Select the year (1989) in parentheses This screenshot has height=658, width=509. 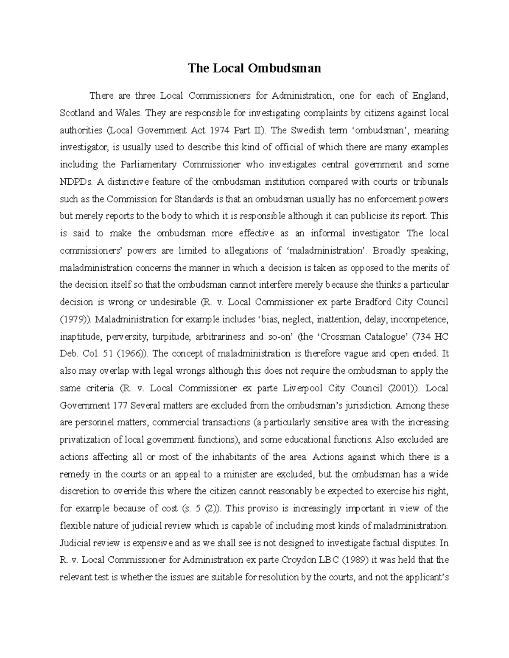354,560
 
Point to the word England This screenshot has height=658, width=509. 430,96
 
